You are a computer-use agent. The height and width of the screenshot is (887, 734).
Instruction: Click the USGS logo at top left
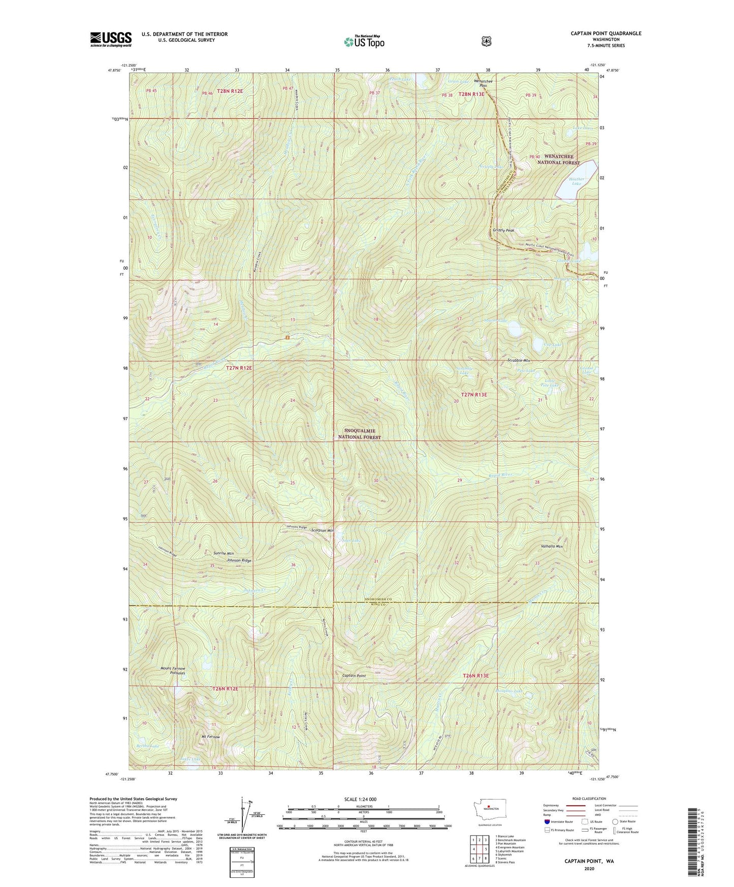tap(111, 39)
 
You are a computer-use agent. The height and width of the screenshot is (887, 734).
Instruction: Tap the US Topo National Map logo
tap(363, 41)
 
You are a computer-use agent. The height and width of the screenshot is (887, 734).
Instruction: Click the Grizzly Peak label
tap(503, 230)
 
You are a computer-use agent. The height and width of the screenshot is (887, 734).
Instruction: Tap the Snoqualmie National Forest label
tap(359, 434)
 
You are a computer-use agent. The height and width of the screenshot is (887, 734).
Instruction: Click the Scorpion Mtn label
tap(323, 530)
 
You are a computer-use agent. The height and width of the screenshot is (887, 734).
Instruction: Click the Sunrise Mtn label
tap(223, 553)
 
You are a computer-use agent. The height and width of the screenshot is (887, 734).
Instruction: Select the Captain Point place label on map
tap(354, 676)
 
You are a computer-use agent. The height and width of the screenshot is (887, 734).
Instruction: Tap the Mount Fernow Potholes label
tap(173, 671)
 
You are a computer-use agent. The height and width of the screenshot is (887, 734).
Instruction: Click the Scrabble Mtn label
tap(519, 360)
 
